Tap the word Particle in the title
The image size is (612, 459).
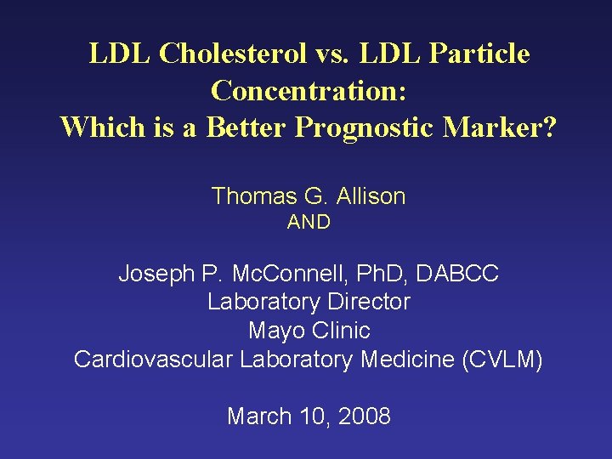(480, 54)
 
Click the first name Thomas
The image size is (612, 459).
(252, 196)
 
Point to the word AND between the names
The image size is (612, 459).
(309, 223)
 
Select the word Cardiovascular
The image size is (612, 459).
(153, 359)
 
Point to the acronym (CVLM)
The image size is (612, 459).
(501, 359)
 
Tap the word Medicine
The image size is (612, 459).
(408, 359)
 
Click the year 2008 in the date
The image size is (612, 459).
(363, 416)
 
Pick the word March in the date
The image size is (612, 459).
(260, 416)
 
